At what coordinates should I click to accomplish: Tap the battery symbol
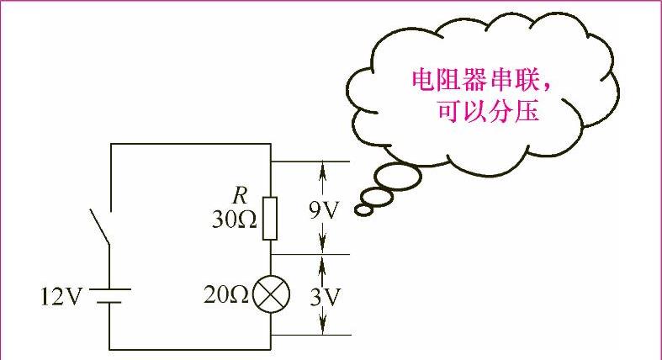(110, 296)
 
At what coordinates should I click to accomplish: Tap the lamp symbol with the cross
(271, 294)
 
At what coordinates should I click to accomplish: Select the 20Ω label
(225, 295)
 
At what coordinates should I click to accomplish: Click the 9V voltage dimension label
(322, 209)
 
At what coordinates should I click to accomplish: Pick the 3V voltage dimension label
(322, 296)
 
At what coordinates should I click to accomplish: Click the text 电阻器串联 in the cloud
(470, 81)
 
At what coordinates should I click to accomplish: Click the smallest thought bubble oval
(364, 208)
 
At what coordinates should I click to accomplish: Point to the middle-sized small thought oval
(379, 196)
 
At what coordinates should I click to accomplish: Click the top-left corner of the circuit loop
(111, 144)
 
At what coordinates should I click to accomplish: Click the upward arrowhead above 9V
(322, 167)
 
